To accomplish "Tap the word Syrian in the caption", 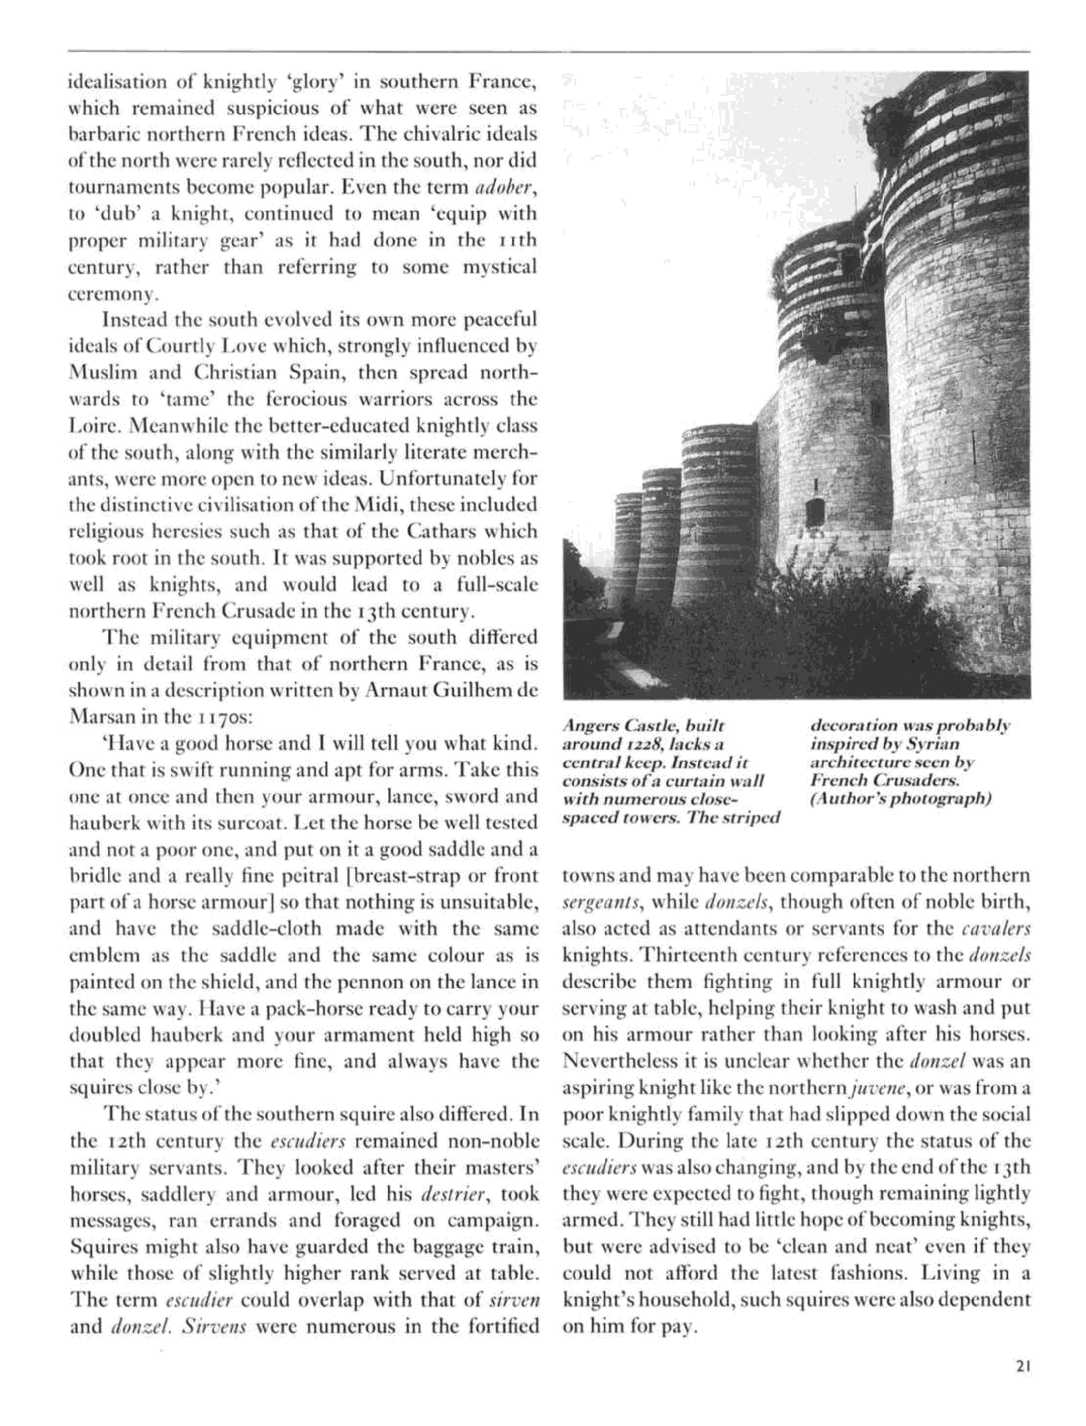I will click(x=937, y=744).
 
